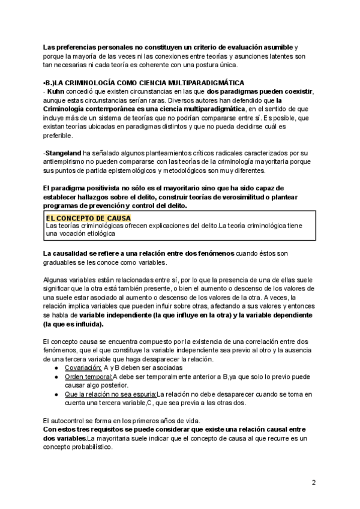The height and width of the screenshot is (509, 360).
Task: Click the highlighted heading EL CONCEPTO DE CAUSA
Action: [x=88, y=218]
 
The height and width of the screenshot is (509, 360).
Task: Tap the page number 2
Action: [x=314, y=483]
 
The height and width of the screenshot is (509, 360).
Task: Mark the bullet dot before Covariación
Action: [x=56, y=367]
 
